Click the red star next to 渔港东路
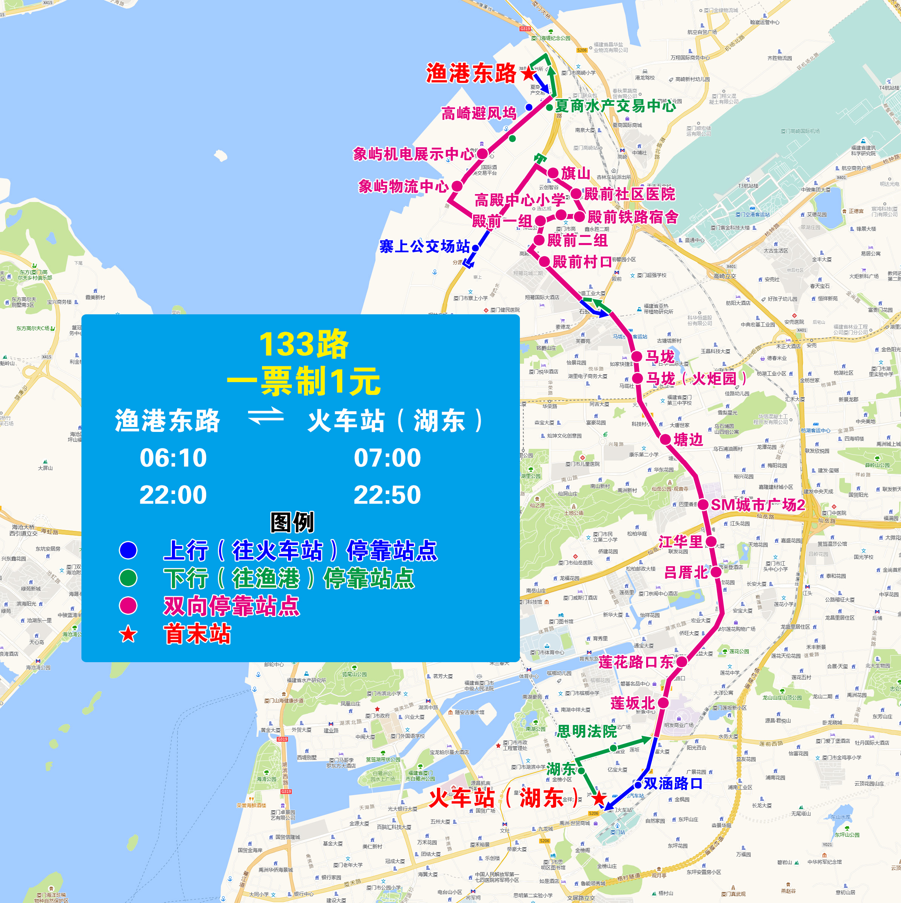529,73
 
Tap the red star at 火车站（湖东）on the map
599,798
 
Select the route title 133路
304,344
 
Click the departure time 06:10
173,458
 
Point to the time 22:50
387,494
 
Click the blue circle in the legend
128,550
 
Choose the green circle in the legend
128,578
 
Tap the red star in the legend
128,634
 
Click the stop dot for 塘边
665,439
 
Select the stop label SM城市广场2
757,505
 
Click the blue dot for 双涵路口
638,785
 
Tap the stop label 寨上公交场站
424,246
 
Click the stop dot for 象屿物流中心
457,187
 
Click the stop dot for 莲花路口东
682,661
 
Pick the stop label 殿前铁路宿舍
633,217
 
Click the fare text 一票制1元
304,381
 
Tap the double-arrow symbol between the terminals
265,416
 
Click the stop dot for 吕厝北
716,572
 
